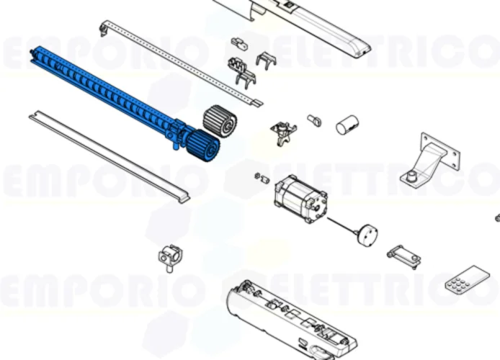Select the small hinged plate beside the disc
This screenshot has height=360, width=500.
[402, 254]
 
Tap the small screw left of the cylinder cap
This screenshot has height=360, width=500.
[315, 120]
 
